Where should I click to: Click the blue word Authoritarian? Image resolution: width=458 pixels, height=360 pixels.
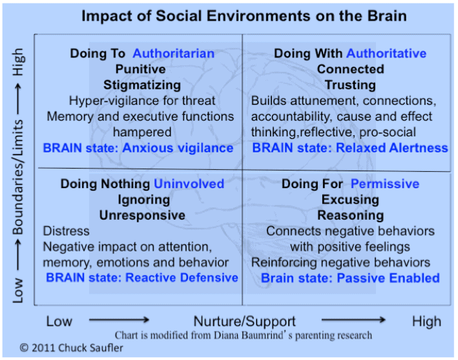[174, 54]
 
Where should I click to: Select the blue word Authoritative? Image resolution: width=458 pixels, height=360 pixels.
[386, 54]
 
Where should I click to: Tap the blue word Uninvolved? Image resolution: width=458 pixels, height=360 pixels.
[189, 184]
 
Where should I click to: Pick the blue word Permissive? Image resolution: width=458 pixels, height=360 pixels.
[385, 184]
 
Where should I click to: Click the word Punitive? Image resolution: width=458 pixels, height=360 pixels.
[140, 69]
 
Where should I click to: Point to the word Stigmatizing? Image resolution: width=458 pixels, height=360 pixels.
[142, 85]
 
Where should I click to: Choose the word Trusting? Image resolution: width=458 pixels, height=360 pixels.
[351, 85]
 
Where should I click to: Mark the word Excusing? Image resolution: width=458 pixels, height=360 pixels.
[351, 200]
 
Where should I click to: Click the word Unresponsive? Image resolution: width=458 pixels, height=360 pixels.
[142, 215]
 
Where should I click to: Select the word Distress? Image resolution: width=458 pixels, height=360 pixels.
[67, 231]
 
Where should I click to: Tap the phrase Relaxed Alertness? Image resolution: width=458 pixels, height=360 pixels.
[392, 148]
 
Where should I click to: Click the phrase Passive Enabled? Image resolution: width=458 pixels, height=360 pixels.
[388, 278]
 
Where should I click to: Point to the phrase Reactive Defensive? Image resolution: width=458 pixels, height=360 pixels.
[182, 278]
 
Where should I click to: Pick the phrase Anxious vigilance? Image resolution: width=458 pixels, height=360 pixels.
[178, 148]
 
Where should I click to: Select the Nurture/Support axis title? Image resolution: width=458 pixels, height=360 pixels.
[245, 321]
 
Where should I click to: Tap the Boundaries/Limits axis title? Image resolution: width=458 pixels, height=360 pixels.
[17, 177]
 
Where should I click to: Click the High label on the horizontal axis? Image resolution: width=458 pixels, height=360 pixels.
[427, 321]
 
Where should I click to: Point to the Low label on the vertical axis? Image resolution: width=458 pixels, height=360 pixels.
[17, 290]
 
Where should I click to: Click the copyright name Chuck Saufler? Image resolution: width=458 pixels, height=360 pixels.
[90, 348]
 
